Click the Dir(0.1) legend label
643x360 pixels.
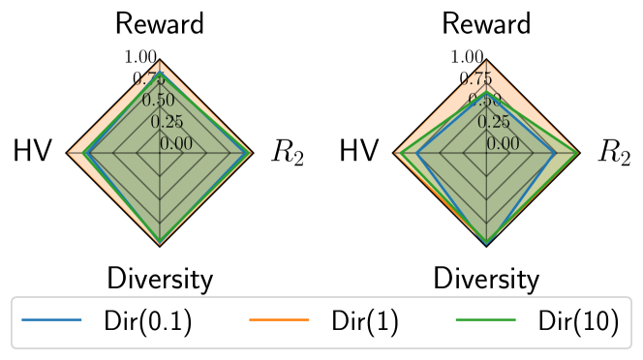[x=147, y=322]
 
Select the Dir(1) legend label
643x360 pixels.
[x=365, y=322]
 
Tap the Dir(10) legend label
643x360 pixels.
[x=577, y=322]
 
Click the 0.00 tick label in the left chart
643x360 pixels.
[x=176, y=144]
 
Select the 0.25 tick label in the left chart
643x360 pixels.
[x=167, y=122]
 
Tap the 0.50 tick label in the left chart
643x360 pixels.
[x=158, y=100]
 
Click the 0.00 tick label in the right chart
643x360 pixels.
[x=504, y=144]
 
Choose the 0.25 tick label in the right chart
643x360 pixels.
[x=494, y=122]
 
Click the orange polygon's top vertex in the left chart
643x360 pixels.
[x=160, y=62]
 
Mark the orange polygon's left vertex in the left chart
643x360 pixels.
[x=69, y=153]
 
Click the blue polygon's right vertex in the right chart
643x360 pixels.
[x=554, y=153]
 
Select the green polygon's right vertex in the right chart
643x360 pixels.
[x=578, y=153]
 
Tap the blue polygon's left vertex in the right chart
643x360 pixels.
[x=416, y=153]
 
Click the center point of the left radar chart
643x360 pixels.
[x=160, y=153]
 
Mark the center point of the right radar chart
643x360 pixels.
[x=487, y=153]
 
